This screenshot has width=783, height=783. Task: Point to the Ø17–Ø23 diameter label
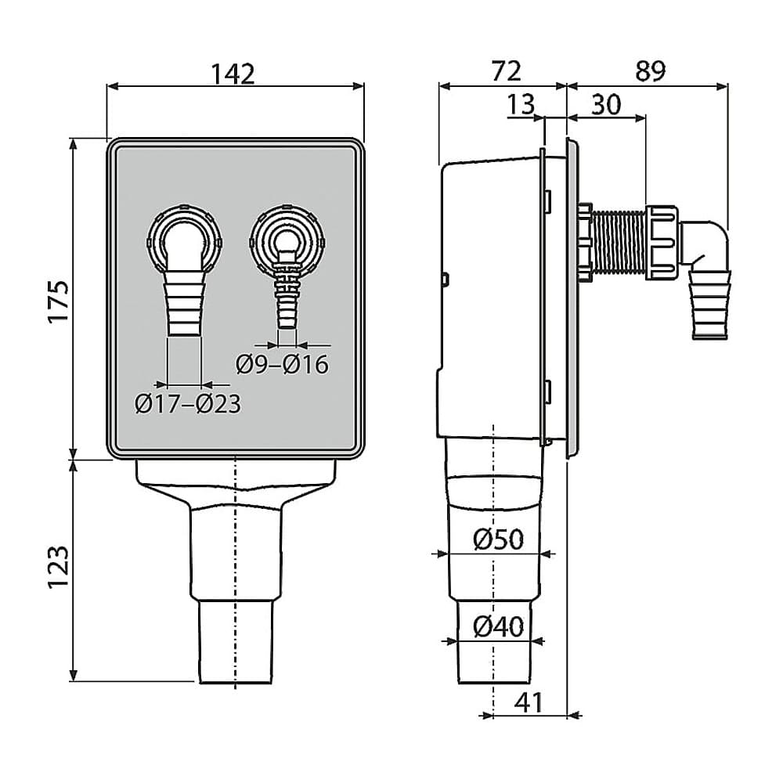point(187,404)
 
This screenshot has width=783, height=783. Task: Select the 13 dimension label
point(520,104)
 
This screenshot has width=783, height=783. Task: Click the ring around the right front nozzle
point(287,235)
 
